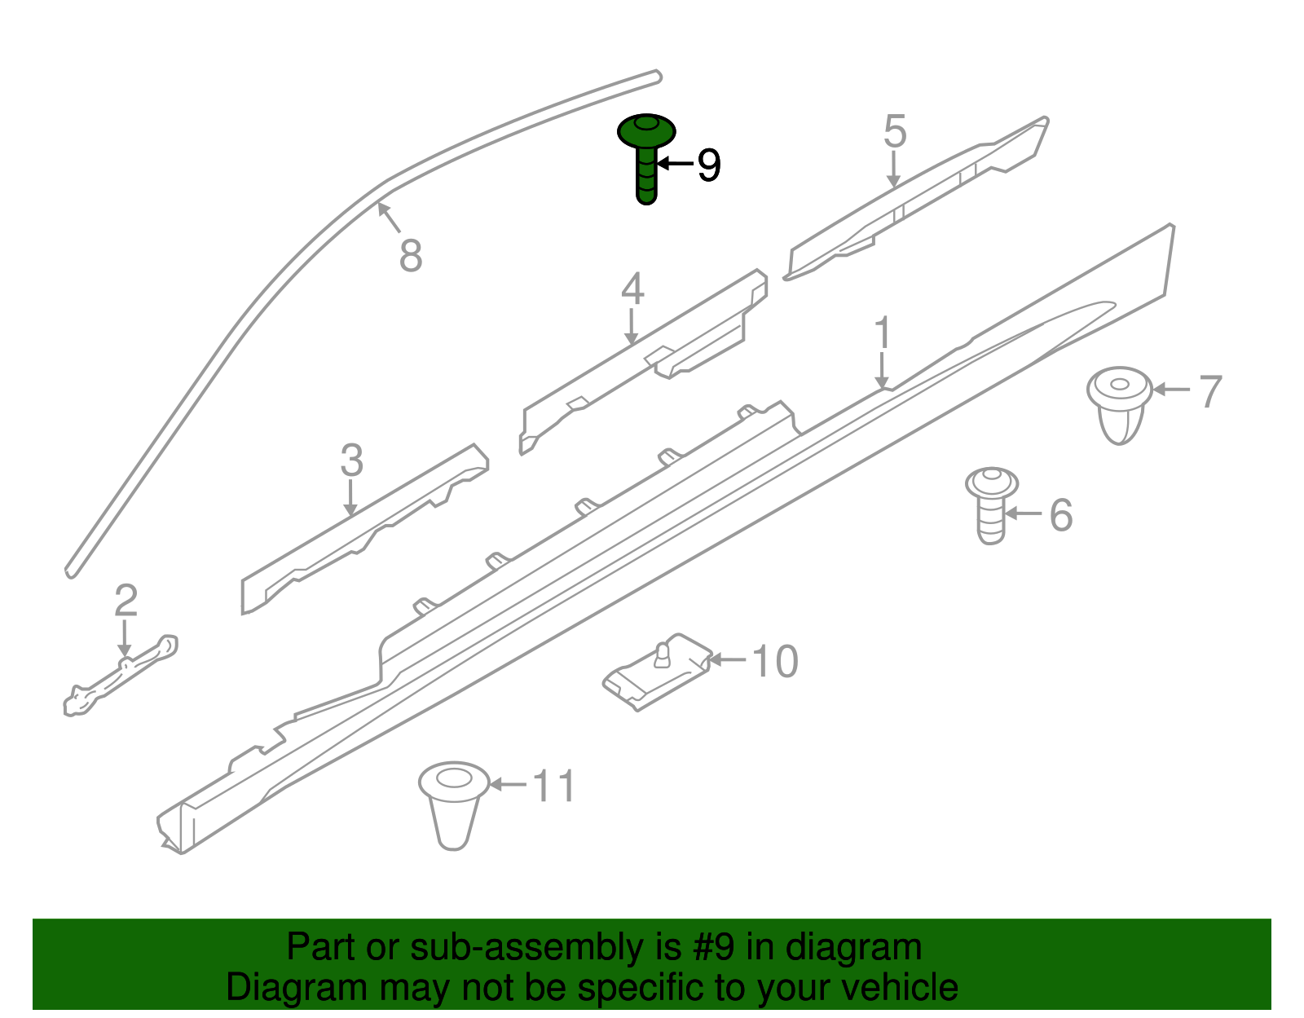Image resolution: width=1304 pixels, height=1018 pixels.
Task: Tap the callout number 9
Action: point(709,165)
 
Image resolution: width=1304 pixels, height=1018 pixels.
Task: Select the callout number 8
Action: point(411,255)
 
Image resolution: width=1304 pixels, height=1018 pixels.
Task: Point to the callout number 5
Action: point(895,132)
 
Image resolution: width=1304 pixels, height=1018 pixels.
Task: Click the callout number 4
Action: point(632,289)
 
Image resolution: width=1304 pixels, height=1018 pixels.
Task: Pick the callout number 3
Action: point(351,461)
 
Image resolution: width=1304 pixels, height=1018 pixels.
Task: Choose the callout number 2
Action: point(126,601)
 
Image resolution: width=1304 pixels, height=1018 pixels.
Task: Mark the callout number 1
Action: point(882,334)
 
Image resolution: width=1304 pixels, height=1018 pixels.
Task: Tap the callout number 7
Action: point(1210,392)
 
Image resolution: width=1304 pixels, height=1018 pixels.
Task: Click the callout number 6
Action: point(1060,515)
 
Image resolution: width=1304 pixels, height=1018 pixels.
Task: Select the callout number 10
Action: point(774,661)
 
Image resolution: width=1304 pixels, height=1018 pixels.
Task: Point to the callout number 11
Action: point(554,787)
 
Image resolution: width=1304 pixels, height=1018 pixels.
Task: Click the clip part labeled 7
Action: point(1120,404)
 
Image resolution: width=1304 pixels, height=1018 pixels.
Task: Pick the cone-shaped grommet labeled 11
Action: point(453,803)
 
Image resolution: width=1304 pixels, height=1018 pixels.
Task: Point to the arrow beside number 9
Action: point(675,164)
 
